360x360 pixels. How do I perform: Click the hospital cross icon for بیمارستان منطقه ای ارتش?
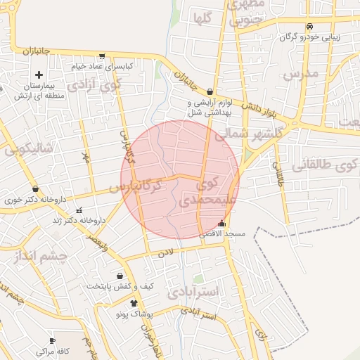38,75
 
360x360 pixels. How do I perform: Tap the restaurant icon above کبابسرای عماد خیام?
103,56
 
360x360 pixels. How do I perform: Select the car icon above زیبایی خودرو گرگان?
309,27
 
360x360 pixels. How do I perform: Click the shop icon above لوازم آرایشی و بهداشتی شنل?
210,91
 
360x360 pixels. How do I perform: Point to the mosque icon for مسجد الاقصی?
222,224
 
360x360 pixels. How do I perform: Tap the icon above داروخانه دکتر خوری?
35,188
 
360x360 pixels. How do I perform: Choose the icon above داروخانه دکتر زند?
79,210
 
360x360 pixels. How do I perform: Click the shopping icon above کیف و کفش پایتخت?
120,276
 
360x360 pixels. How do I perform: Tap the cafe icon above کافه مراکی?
52,340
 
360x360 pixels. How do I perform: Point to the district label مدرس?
301,73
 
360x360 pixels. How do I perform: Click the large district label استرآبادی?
195,290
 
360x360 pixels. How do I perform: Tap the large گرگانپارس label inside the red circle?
137,187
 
